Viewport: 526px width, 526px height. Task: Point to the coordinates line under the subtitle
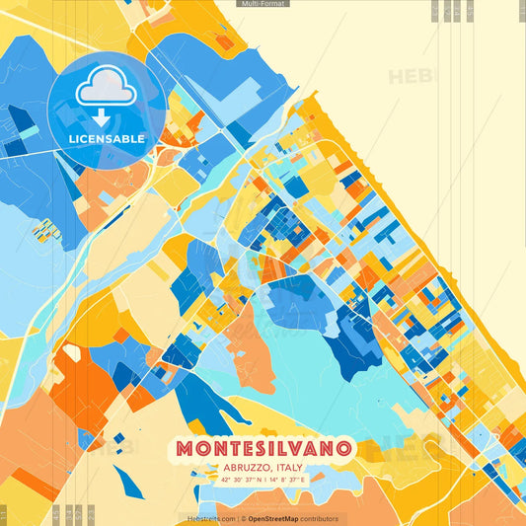pyautogui.click(x=263, y=481)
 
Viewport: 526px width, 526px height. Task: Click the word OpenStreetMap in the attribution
pyautogui.click(x=279, y=518)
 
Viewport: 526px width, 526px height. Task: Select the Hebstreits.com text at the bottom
pyautogui.click(x=209, y=518)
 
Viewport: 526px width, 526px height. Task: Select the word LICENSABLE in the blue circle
pyautogui.click(x=107, y=139)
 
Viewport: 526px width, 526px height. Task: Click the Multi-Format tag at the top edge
pyautogui.click(x=263, y=4)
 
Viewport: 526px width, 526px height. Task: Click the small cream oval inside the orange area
pyautogui.click(x=71, y=350)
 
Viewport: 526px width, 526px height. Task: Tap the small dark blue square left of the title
pyautogui.click(x=118, y=438)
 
